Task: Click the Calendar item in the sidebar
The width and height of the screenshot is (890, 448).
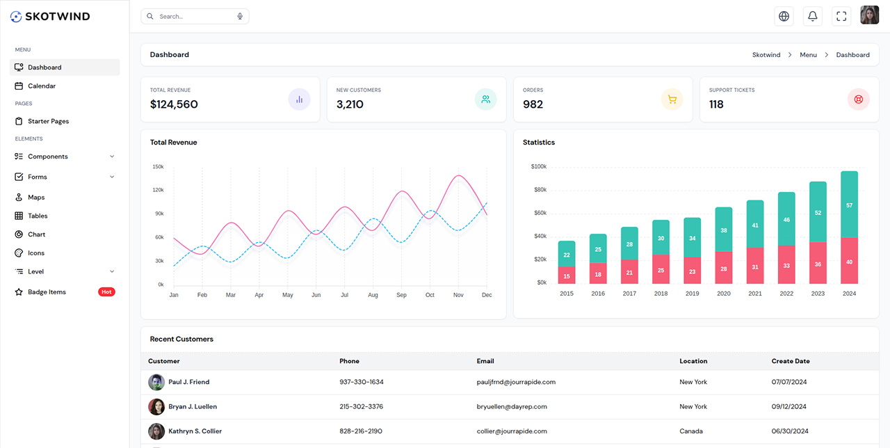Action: [x=41, y=86]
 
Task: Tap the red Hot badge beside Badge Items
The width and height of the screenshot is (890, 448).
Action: [x=106, y=292]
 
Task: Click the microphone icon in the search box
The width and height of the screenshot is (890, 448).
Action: [x=240, y=16]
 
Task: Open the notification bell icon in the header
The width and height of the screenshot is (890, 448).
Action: [x=812, y=16]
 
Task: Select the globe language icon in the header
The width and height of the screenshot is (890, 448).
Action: [x=784, y=16]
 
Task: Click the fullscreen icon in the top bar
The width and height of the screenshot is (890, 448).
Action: [x=841, y=16]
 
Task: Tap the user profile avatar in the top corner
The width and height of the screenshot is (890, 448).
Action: [x=869, y=15]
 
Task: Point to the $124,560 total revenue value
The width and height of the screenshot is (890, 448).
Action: [x=174, y=104]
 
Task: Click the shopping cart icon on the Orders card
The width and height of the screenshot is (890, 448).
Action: [x=672, y=99]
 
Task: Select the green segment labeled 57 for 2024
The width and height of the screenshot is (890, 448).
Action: [x=849, y=205]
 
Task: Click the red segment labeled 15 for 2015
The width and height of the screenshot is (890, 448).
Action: [x=567, y=276]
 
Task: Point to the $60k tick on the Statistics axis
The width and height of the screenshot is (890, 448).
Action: [x=539, y=213]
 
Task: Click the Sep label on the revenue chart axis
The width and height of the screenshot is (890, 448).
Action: [x=401, y=295]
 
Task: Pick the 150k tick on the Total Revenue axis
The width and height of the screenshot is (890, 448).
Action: [x=158, y=167]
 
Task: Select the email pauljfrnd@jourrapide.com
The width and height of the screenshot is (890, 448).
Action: [x=516, y=382]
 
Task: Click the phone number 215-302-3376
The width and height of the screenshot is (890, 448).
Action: [x=361, y=406]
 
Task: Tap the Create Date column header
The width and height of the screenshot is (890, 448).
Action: [x=790, y=361]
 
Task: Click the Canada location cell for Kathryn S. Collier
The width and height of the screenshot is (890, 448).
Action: [x=690, y=431]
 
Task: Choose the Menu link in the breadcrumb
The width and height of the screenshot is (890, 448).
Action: [x=808, y=55]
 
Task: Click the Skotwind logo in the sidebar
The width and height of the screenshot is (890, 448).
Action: [x=50, y=16]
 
